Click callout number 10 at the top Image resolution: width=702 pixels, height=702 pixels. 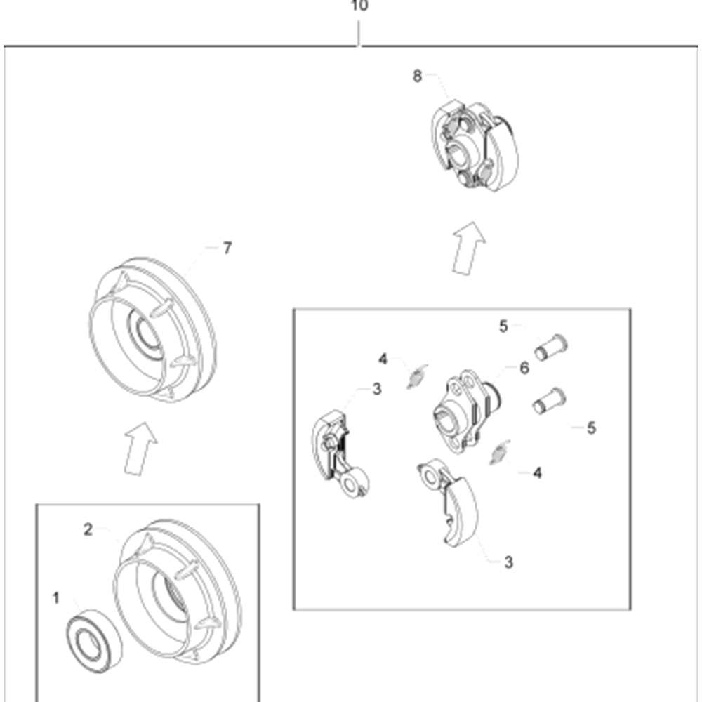(359, 6)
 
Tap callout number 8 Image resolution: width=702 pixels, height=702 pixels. (417, 76)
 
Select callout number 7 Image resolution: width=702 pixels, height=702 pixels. (227, 248)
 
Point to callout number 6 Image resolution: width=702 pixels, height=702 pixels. (524, 368)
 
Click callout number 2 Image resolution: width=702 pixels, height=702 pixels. (88, 529)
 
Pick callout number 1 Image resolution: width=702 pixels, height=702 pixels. (56, 598)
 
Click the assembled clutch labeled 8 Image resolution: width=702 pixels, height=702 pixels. (475, 146)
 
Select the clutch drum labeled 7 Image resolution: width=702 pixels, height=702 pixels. (152, 329)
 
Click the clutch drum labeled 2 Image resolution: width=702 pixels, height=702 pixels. (178, 592)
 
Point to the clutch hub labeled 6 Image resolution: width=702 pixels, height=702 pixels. (467, 411)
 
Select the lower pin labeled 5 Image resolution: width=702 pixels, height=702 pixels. (549, 401)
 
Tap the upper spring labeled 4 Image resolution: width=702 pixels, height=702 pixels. (417, 376)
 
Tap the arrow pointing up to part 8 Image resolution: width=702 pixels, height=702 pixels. (468, 248)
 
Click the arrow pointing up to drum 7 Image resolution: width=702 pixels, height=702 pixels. (140, 449)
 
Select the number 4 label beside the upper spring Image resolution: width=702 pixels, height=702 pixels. (383, 359)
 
